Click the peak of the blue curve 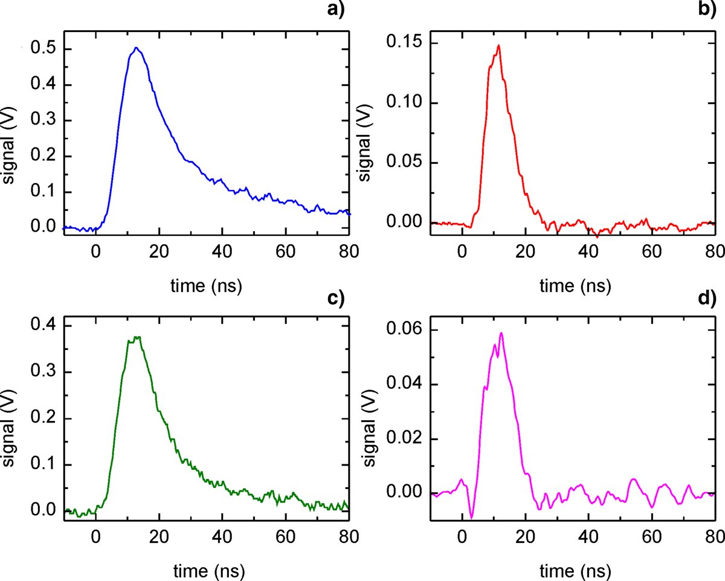pos(137,48)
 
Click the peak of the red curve pos(499,45)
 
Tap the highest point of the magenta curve pos(501,333)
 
